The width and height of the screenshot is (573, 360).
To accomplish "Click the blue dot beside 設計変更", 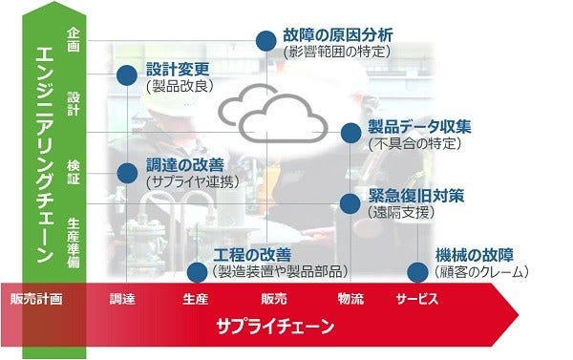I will [x=125, y=75].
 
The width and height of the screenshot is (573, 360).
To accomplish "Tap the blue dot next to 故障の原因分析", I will [x=265, y=39].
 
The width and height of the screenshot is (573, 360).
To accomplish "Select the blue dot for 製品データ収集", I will [x=350, y=133].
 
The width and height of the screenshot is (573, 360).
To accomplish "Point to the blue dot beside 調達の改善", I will [x=125, y=172].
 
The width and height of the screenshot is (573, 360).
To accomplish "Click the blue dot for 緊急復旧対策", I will [x=350, y=202].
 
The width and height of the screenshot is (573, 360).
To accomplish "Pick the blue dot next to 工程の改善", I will [x=198, y=272].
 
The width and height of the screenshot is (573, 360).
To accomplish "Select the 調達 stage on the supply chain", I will [x=122, y=300].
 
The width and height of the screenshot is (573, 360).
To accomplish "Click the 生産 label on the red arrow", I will [x=195, y=300].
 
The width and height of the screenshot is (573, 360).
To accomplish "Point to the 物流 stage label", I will [x=350, y=300].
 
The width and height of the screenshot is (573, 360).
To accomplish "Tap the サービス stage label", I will [x=416, y=300].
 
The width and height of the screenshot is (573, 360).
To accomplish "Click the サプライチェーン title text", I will [x=274, y=328].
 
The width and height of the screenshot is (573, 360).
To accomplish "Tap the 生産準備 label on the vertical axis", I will [x=74, y=240].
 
